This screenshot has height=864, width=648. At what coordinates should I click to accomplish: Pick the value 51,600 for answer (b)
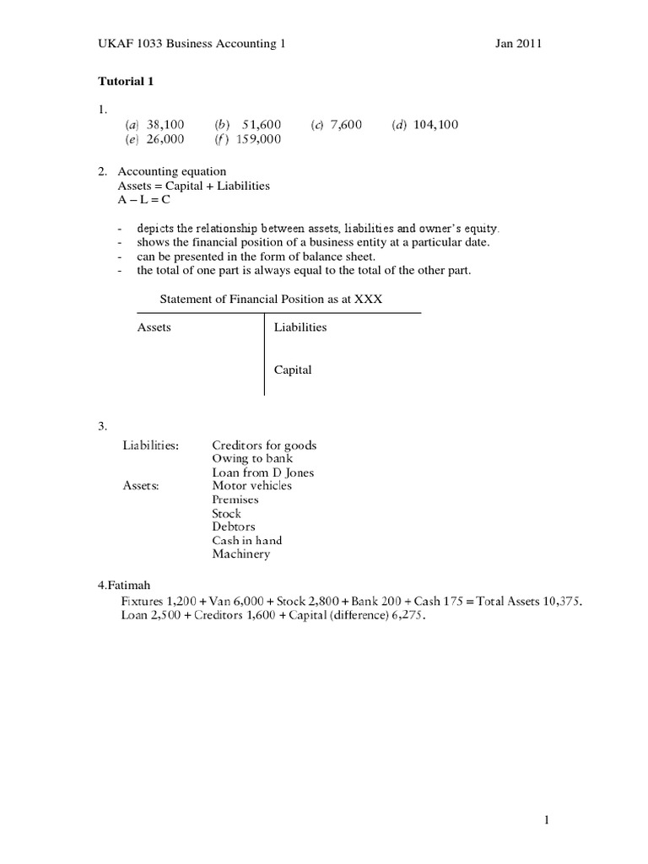[x=262, y=125]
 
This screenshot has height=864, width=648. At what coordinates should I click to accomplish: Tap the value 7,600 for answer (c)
[x=346, y=125]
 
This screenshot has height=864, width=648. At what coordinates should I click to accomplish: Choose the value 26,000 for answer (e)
[x=165, y=139]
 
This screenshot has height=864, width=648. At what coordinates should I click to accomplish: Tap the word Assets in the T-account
[x=154, y=327]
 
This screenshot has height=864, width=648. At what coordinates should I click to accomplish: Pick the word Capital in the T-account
[x=293, y=370]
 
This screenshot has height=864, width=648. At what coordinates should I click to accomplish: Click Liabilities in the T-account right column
[x=300, y=327]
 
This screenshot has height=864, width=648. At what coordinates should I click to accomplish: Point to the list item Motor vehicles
[x=251, y=486]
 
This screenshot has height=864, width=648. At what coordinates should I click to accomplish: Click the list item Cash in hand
[x=246, y=540]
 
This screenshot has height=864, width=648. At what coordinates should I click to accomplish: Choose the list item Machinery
[x=241, y=553]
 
